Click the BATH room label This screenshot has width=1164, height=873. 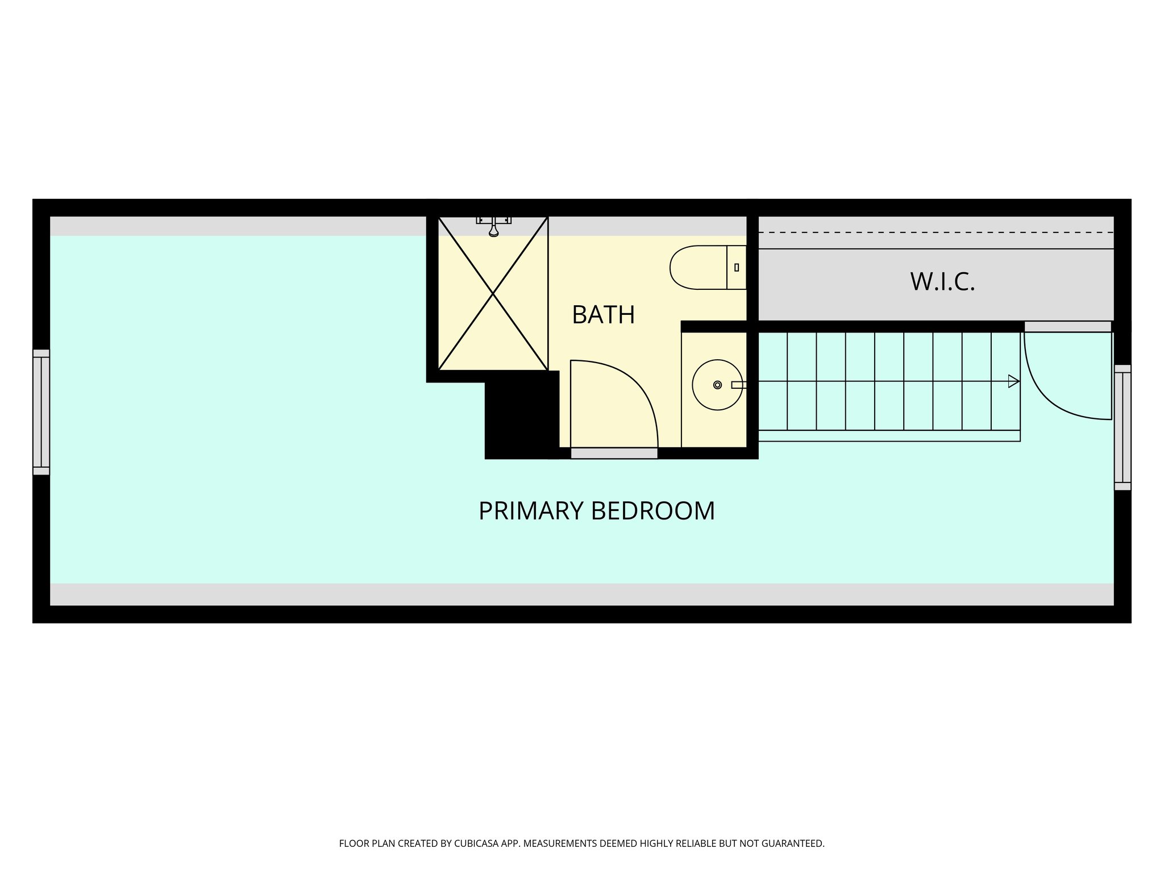coord(603,315)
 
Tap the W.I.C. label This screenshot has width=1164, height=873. coord(942,282)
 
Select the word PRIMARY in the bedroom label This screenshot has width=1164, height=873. coord(531,510)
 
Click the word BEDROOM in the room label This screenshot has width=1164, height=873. coord(653,510)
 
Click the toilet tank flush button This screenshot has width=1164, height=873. coord(737,267)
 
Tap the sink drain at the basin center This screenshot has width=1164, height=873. coord(717,385)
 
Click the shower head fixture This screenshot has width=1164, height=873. coord(493,227)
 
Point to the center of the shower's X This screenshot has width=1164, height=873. coord(493,294)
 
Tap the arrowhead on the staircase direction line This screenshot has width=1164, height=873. coord(1013,381)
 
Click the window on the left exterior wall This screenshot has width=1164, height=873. coord(41,412)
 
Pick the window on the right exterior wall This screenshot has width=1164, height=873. coord(1123,427)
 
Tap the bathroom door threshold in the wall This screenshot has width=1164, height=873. coord(614,453)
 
